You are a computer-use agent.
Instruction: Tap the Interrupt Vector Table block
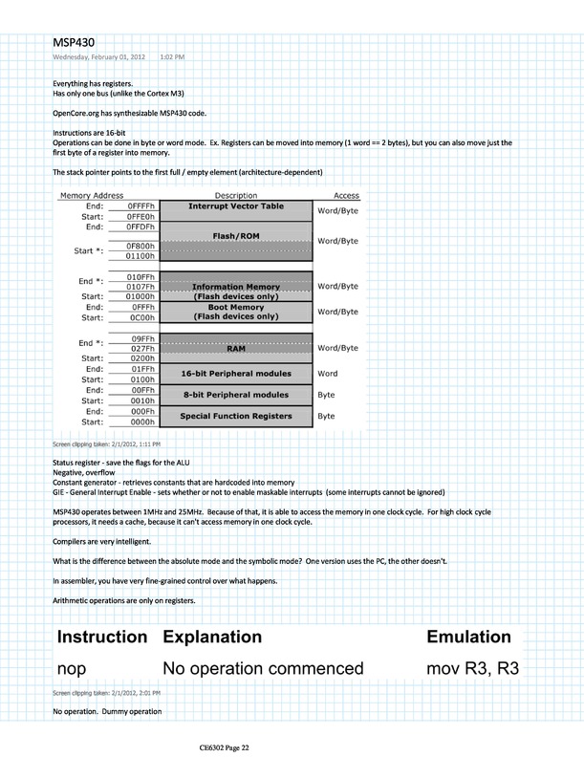[x=235, y=205]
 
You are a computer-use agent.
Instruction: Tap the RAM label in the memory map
[x=235, y=350]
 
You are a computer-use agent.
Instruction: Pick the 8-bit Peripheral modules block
[x=235, y=394]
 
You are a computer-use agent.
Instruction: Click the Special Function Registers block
[x=235, y=416]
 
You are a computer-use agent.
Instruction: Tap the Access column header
[x=346, y=194]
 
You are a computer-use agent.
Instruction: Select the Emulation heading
[x=468, y=636]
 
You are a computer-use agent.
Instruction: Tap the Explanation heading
[x=212, y=636]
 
